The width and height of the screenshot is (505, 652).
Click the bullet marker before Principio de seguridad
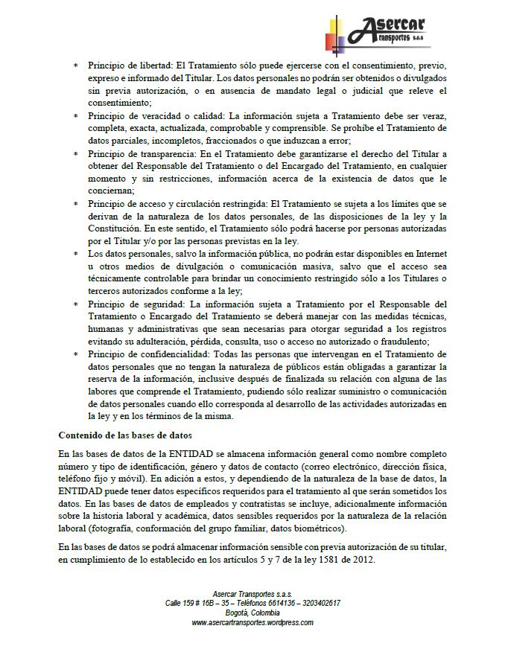click(75, 304)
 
